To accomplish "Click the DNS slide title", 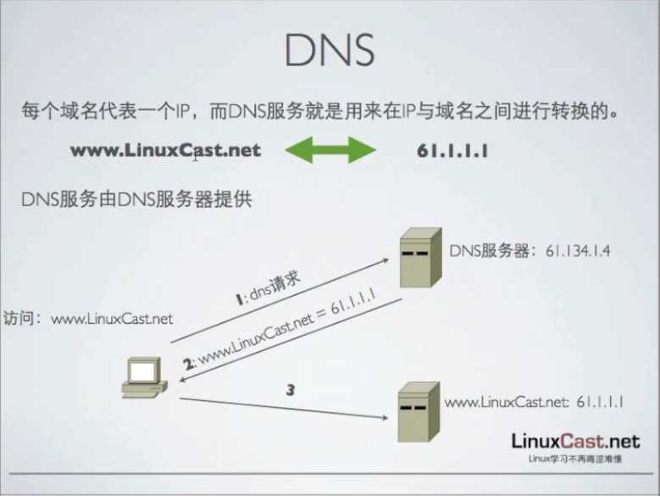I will pyautogui.click(x=329, y=52).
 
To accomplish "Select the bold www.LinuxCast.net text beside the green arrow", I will pyautogui.click(x=165, y=151).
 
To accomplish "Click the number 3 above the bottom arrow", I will pyautogui.click(x=290, y=390).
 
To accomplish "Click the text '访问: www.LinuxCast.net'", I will pyautogui.click(x=88, y=319).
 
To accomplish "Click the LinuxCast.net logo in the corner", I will pyautogui.click(x=574, y=440).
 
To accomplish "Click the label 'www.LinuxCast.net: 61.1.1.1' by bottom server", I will pyautogui.click(x=534, y=402).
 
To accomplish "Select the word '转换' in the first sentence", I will pyautogui.click(x=583, y=111).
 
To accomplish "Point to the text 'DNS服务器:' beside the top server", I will pyautogui.click(x=491, y=250).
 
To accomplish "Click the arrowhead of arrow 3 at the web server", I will pyautogui.click(x=391, y=416).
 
